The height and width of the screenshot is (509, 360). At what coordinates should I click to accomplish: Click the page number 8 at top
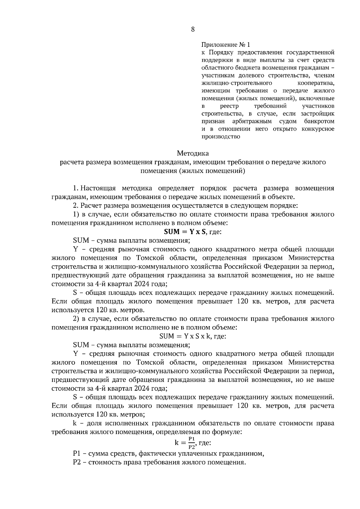point(193,29)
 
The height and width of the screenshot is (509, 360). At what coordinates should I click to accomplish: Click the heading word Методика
point(193,153)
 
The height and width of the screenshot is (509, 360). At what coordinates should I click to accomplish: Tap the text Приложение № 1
point(225,45)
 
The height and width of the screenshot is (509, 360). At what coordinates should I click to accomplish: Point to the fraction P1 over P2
point(192,442)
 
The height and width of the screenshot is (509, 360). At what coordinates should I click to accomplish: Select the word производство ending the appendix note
point(220,137)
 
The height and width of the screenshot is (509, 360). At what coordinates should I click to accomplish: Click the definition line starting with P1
point(168,454)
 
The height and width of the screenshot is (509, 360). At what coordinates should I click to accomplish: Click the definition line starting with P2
point(159,462)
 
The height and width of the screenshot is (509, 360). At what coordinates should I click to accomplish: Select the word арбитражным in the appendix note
point(252,121)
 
